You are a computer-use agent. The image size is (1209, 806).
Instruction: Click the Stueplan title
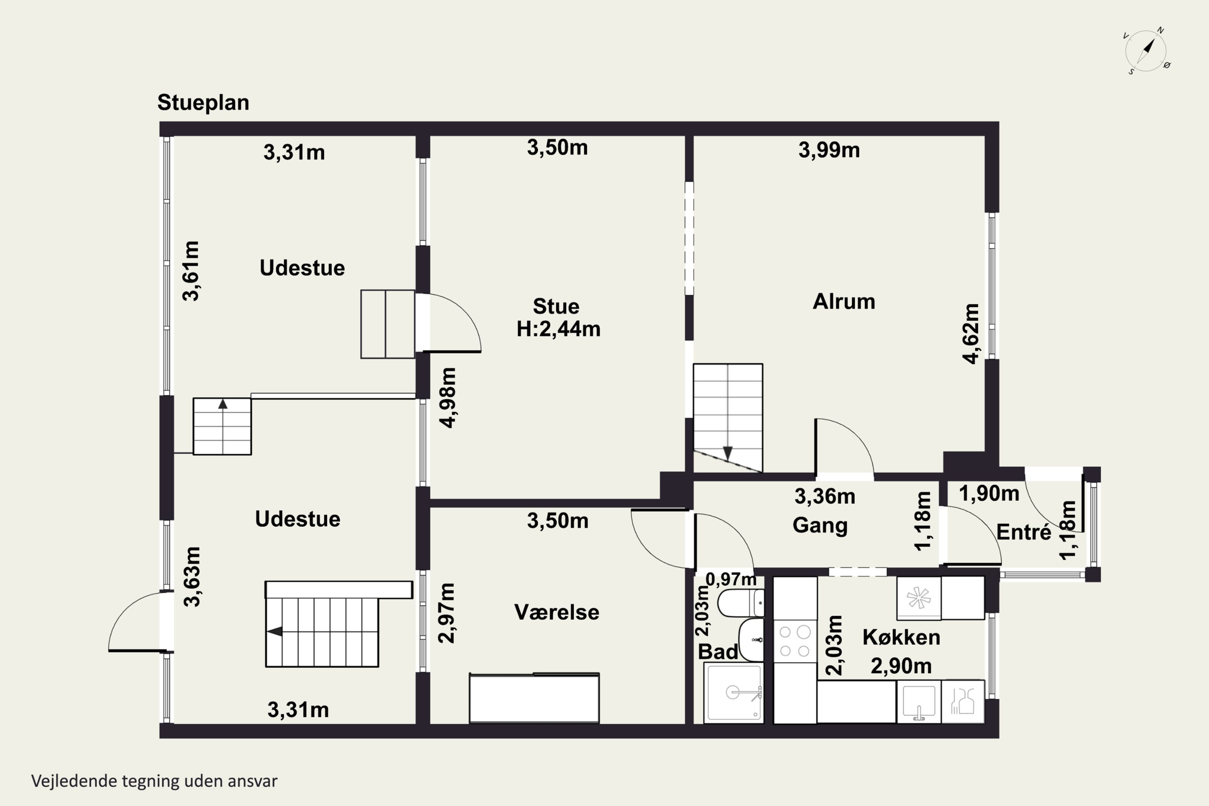(x=203, y=103)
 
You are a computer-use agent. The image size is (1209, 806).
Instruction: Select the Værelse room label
(x=557, y=612)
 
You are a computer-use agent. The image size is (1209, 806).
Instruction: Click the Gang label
(x=820, y=526)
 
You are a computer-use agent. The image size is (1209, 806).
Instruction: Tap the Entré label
(x=1024, y=532)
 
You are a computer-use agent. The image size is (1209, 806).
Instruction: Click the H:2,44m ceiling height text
(x=558, y=329)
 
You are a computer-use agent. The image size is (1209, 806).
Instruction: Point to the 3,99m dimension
(x=829, y=150)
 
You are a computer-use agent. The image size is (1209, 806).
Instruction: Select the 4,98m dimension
(x=448, y=398)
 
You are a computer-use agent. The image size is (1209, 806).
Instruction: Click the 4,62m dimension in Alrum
(x=971, y=334)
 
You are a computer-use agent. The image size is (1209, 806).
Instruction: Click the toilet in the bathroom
(x=741, y=603)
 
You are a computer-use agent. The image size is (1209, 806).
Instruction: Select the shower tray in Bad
(x=733, y=692)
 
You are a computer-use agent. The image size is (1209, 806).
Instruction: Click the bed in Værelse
(x=534, y=698)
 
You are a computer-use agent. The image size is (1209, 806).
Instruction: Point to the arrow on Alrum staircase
(x=728, y=453)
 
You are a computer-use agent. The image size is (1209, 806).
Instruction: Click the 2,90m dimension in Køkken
(x=901, y=666)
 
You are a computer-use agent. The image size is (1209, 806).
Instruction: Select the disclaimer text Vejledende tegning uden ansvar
(x=154, y=781)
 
